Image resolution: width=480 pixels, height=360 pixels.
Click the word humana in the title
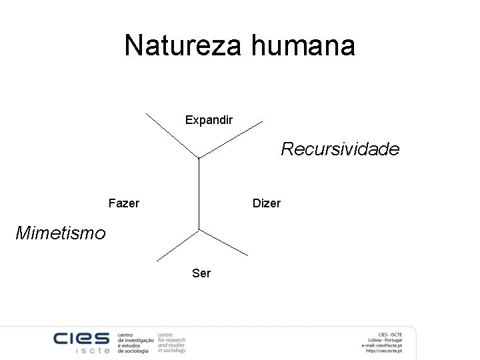tap(303, 46)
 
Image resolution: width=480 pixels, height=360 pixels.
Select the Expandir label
tap(209, 121)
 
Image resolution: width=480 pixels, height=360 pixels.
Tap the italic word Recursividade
tap(340, 149)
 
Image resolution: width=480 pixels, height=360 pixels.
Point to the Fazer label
tap(123, 203)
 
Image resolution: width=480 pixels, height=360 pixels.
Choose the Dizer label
tap(267, 203)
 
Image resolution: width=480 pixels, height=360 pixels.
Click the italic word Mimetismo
tap(60, 233)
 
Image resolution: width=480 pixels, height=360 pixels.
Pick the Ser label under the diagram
tap(201, 273)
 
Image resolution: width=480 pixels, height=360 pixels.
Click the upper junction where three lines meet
tap(199, 157)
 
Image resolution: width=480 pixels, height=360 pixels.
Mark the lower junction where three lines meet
tap(199, 229)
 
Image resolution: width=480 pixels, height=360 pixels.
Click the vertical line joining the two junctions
tap(199, 193)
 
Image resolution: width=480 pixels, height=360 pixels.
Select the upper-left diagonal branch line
tap(172, 135)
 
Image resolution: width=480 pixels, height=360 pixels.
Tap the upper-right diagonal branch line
tap(231, 139)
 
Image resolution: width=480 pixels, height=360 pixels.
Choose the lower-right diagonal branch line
tap(223, 242)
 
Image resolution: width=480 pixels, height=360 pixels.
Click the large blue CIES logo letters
tap(82, 339)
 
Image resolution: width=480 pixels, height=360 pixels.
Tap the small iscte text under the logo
tap(93, 351)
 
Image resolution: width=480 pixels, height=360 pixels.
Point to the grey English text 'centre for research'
tap(171, 337)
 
